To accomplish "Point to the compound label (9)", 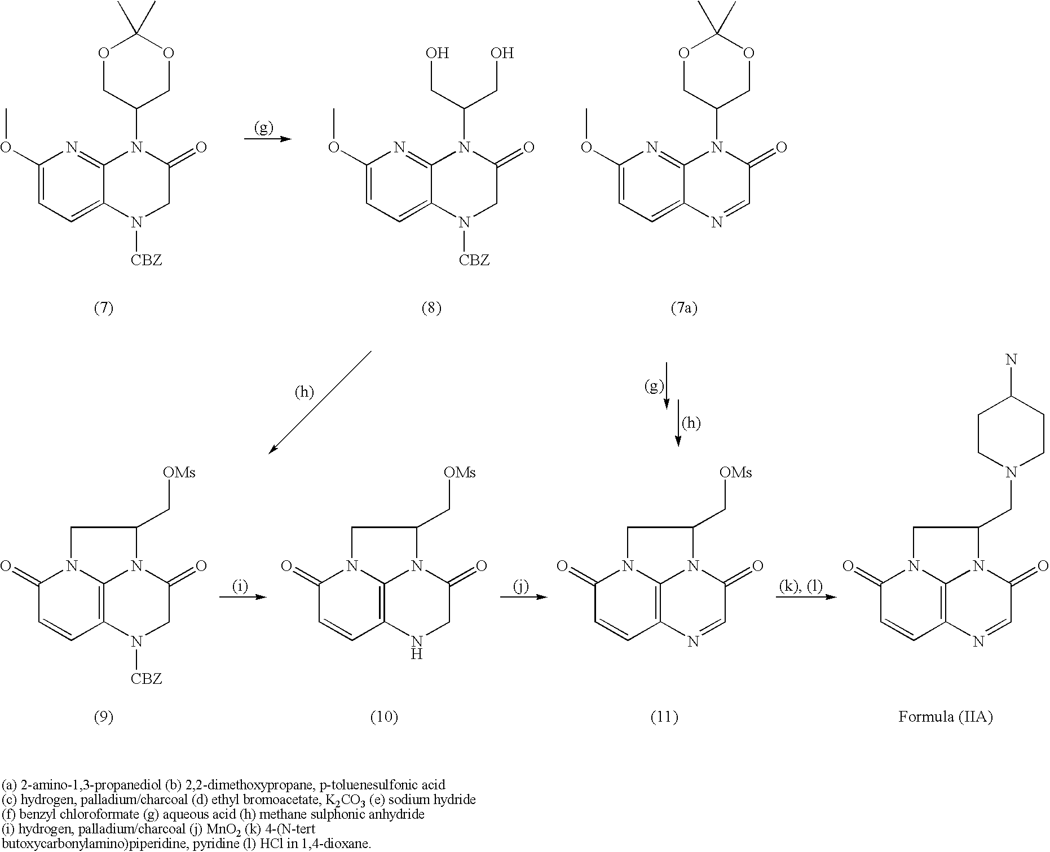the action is click(103, 717).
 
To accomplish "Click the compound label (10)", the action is click(384, 717).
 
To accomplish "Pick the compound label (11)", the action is click(664, 717).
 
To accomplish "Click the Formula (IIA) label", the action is click(945, 717).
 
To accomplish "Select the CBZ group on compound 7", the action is click(146, 260).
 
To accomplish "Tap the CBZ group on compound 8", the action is click(474, 260).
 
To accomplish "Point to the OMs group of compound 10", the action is click(460, 472).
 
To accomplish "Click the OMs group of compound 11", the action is click(736, 472).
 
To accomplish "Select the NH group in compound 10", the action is click(416, 647).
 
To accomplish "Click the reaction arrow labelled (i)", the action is click(242, 597).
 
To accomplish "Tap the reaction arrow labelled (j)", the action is click(523, 597).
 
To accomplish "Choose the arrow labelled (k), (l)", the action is click(806, 597).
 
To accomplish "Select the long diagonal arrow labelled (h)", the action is click(320, 401).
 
